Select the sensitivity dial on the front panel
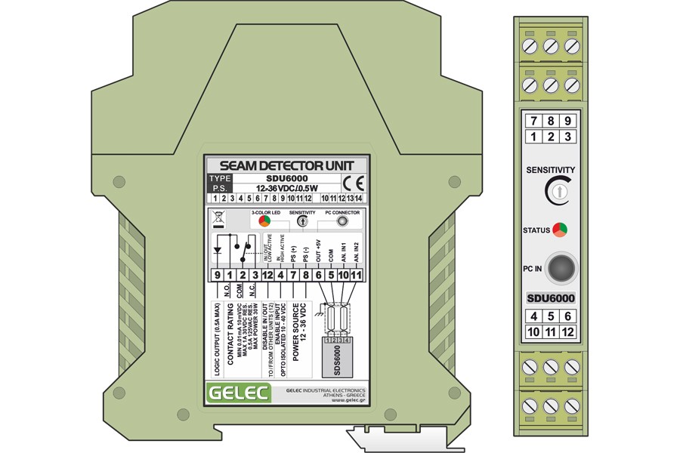click(x=555, y=193)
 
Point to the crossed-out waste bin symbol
click(x=218, y=220)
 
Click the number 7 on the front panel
click(x=534, y=121)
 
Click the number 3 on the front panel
click(x=567, y=137)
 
